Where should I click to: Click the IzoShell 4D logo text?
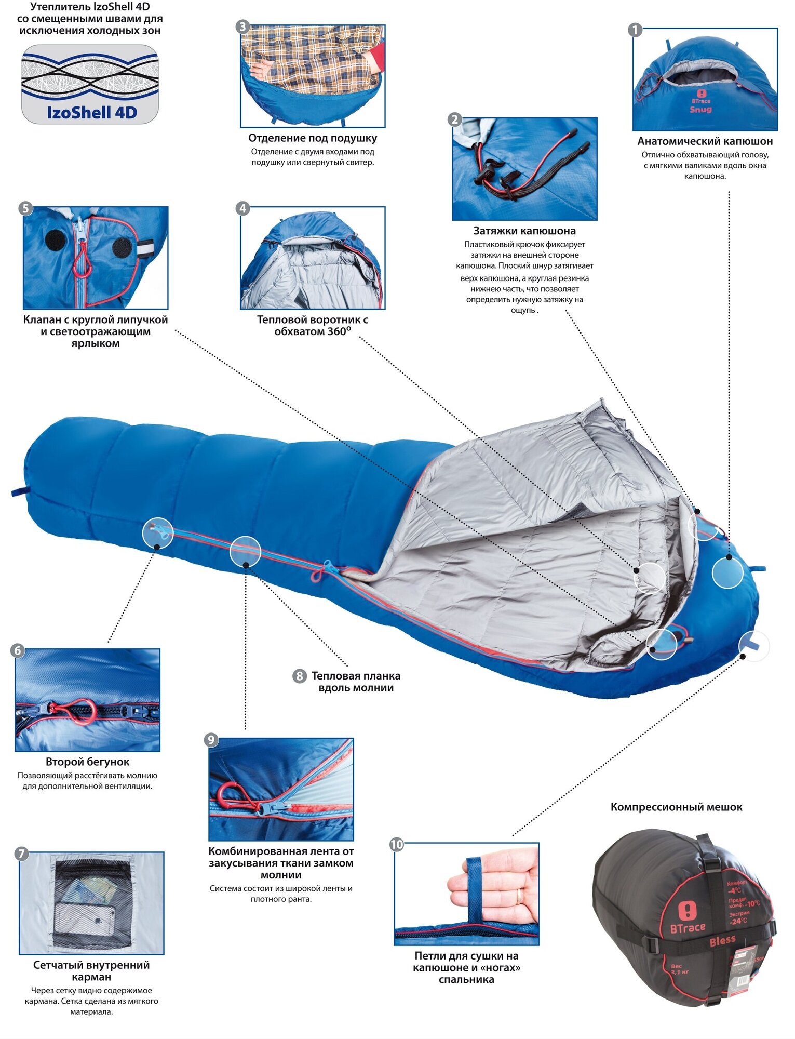pyautogui.click(x=92, y=112)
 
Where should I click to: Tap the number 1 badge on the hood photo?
pyautogui.click(x=635, y=30)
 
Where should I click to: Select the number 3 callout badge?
pyautogui.click(x=242, y=27)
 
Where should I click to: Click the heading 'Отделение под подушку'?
pyautogui.click(x=313, y=138)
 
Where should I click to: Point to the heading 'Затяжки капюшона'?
pyautogui.click(x=524, y=231)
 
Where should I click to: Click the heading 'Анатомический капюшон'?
pyautogui.click(x=705, y=141)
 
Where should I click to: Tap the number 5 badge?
pyautogui.click(x=25, y=209)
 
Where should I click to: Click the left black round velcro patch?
pyautogui.click(x=56, y=238)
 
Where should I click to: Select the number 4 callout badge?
pyautogui.click(x=242, y=209)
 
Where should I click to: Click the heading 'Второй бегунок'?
pyautogui.click(x=87, y=762)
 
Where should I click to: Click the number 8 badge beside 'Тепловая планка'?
pyautogui.click(x=300, y=676)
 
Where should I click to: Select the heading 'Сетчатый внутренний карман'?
pyautogui.click(x=91, y=971)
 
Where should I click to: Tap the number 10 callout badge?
pyautogui.click(x=397, y=844)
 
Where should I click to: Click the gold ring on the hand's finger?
pyautogui.click(x=519, y=896)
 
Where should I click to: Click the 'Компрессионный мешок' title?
pyautogui.click(x=676, y=807)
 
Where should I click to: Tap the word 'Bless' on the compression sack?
pyautogui.click(x=722, y=940)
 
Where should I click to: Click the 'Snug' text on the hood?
pyautogui.click(x=700, y=110)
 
